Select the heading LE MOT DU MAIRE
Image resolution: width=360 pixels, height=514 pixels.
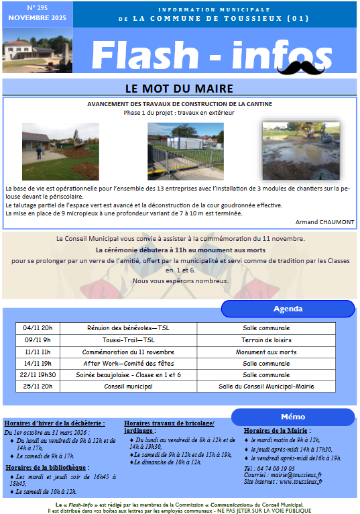point(179,89)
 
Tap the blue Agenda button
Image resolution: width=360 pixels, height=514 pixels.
point(288,309)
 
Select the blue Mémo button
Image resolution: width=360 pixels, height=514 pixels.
point(293,417)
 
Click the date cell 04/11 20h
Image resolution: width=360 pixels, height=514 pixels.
point(37,328)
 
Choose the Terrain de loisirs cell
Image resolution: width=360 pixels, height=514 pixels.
point(265,340)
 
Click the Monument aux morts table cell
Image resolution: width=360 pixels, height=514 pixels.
point(265,352)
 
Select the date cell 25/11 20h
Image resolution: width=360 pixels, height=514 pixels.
point(37,386)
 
